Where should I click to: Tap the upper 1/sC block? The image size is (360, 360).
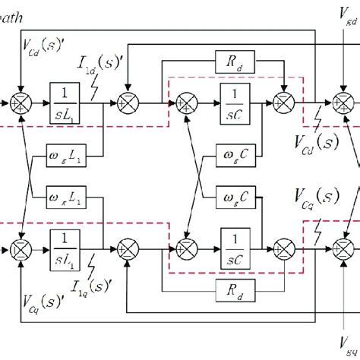click(236, 100)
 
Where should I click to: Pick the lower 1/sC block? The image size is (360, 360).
click(236, 248)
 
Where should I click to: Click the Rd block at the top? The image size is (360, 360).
click(235, 62)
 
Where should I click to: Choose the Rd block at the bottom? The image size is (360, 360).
click(235, 289)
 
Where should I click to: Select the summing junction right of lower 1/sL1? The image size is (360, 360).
click(126, 248)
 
